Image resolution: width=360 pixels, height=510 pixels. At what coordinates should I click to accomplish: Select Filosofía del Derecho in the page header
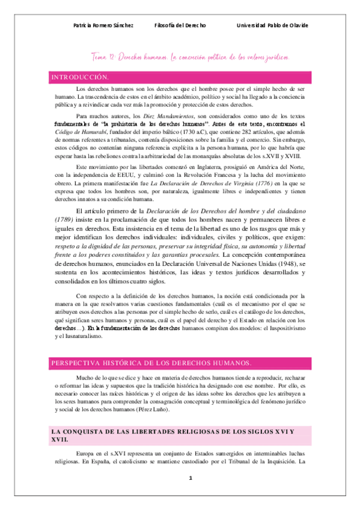point(180,26)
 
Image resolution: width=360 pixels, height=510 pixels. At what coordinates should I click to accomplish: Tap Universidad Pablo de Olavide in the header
point(272,26)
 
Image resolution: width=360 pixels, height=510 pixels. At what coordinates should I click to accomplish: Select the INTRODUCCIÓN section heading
point(79,78)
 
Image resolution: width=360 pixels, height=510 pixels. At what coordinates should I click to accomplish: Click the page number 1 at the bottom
point(190,478)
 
